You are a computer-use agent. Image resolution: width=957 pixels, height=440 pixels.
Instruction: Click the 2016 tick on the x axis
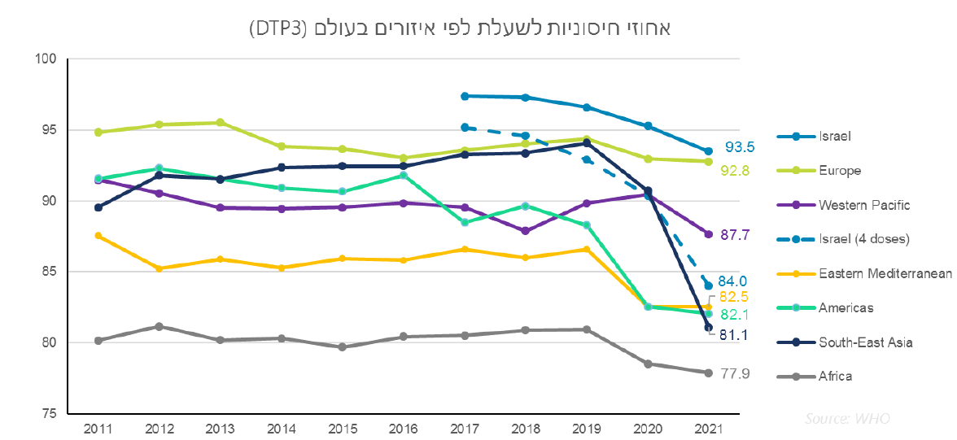403,426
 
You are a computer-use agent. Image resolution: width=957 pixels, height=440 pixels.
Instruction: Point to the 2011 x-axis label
98,426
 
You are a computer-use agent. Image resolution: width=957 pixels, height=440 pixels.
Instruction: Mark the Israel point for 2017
464,96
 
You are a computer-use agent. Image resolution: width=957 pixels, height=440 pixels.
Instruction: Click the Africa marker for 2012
159,327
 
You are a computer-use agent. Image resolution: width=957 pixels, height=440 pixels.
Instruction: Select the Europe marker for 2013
221,123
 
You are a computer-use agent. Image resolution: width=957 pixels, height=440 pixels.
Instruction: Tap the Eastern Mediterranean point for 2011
98,236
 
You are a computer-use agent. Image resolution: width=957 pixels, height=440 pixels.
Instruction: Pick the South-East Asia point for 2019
586,143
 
